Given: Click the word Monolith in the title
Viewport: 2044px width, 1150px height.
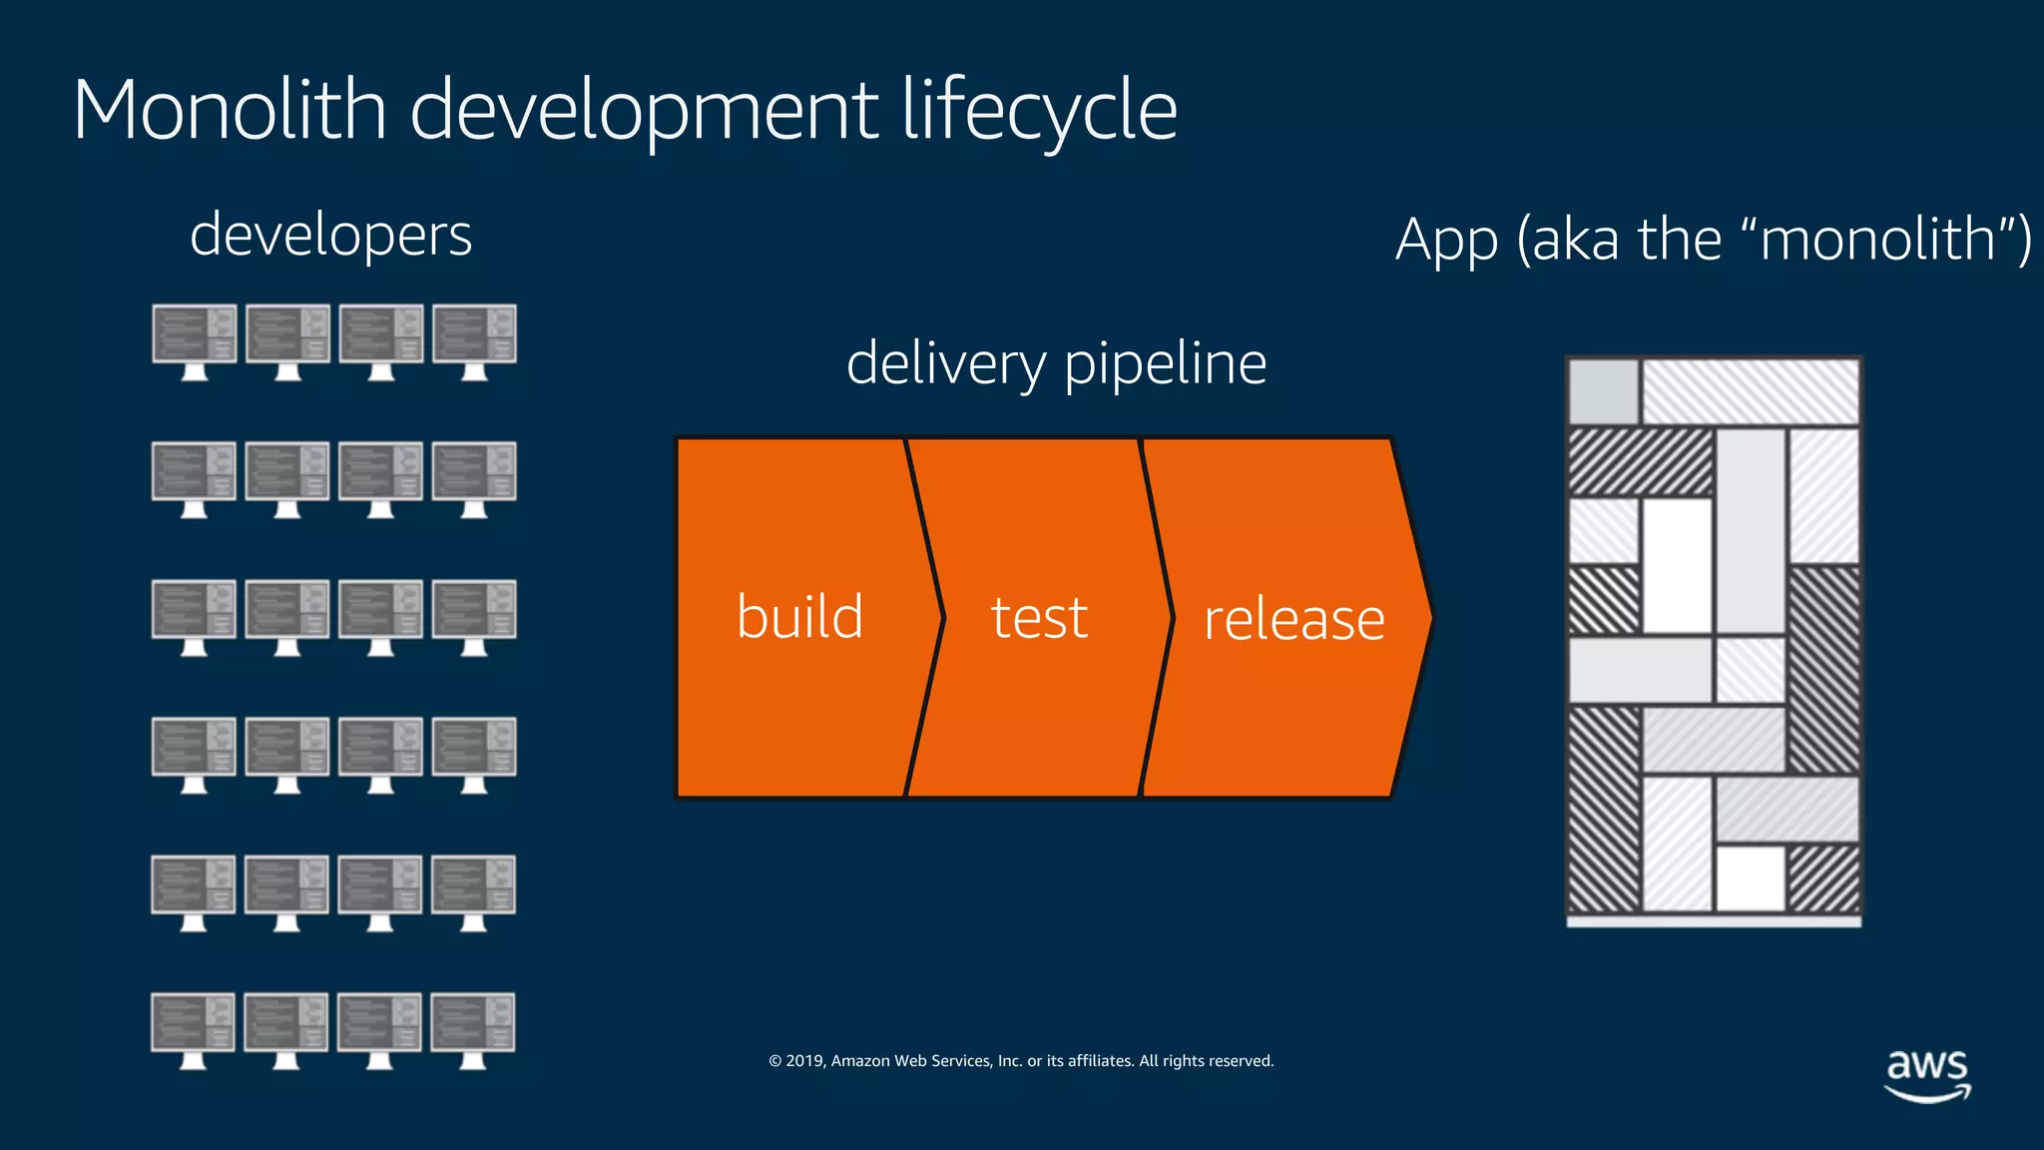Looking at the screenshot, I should point(230,110).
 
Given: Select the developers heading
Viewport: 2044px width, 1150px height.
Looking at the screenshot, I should point(330,236).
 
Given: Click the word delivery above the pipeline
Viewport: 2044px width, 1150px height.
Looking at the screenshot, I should point(945,363).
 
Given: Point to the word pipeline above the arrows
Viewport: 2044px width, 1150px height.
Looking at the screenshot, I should point(1165,365).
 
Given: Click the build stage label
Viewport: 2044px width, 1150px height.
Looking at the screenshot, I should point(799,617).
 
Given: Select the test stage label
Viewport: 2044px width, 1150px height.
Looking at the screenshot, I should point(1039,618).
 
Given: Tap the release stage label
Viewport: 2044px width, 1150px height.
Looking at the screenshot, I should point(1294,620).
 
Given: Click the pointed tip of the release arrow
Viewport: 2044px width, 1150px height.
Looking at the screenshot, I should point(1427,618).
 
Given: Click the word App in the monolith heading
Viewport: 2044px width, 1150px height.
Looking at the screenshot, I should point(1446,241).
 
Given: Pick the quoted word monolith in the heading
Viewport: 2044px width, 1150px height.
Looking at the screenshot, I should point(1876,240).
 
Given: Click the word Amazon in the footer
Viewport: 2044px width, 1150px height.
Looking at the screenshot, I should point(860,1061).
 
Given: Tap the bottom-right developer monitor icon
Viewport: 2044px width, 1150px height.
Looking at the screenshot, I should point(473,1029).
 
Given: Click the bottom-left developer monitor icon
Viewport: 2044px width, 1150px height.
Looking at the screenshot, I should point(194,1029).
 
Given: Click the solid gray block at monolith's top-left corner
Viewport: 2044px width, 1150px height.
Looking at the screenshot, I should point(1604,392).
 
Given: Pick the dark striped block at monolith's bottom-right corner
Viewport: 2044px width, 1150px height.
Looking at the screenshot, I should point(1823,878).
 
